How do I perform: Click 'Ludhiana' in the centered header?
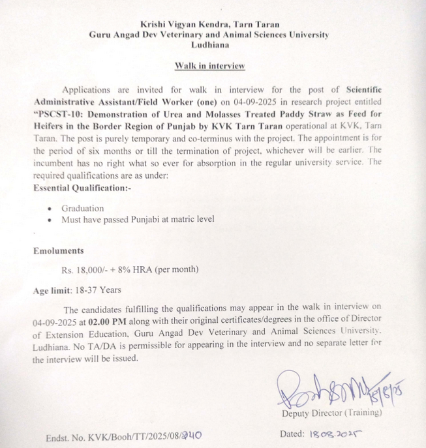209,45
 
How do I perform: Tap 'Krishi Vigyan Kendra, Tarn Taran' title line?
209,24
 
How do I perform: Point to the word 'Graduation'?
83,209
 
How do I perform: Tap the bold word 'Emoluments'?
59,250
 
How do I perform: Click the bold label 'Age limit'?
53,290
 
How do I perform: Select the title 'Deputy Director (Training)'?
332,413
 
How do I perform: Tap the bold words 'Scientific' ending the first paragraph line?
373,91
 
